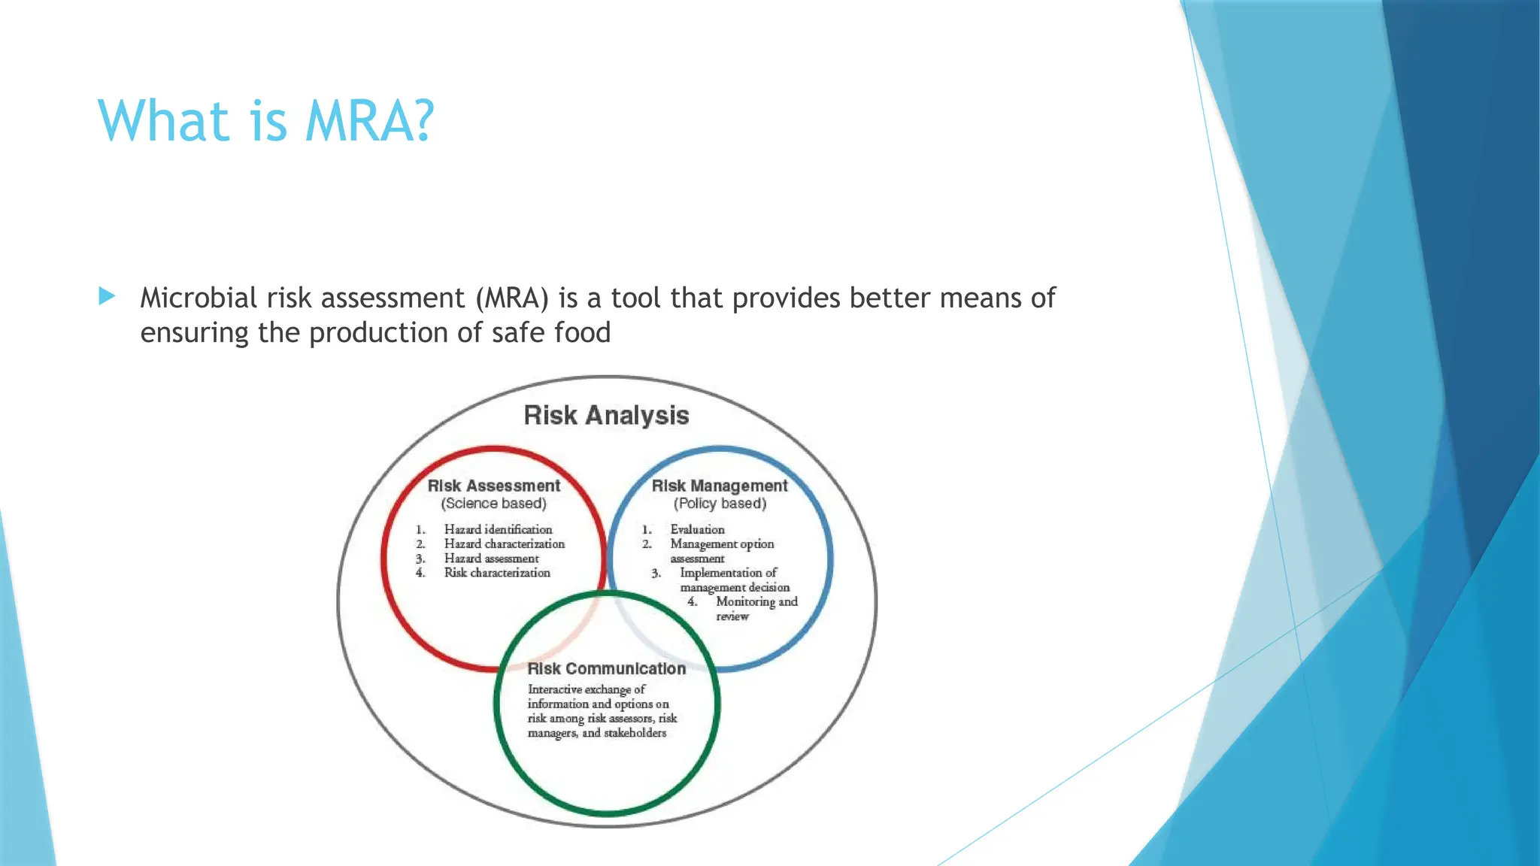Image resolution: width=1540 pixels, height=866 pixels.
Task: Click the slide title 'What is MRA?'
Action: point(266,120)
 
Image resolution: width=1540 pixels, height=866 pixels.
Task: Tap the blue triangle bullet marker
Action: point(107,296)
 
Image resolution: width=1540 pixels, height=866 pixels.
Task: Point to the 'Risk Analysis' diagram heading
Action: point(606,415)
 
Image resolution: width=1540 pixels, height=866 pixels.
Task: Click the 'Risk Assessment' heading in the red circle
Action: point(494,486)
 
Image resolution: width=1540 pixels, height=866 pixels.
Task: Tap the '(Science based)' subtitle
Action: point(494,504)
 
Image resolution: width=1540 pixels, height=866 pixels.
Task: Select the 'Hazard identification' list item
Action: point(498,529)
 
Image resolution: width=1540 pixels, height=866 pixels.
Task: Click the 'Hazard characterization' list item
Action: point(504,544)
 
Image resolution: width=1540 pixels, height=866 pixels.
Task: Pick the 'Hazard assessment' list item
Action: point(491,559)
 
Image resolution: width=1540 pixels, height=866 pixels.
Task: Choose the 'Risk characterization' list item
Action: point(497,573)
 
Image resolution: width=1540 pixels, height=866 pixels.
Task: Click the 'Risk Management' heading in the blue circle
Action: point(720,486)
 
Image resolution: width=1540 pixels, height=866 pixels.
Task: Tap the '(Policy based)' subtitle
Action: point(720,504)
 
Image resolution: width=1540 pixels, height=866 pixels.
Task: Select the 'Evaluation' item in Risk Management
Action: point(697,529)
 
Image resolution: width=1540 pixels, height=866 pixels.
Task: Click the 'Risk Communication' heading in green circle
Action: point(607,668)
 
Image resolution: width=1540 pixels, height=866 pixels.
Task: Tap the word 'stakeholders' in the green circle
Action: point(635,733)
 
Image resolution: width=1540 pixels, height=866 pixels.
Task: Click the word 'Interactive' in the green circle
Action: point(554,689)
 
